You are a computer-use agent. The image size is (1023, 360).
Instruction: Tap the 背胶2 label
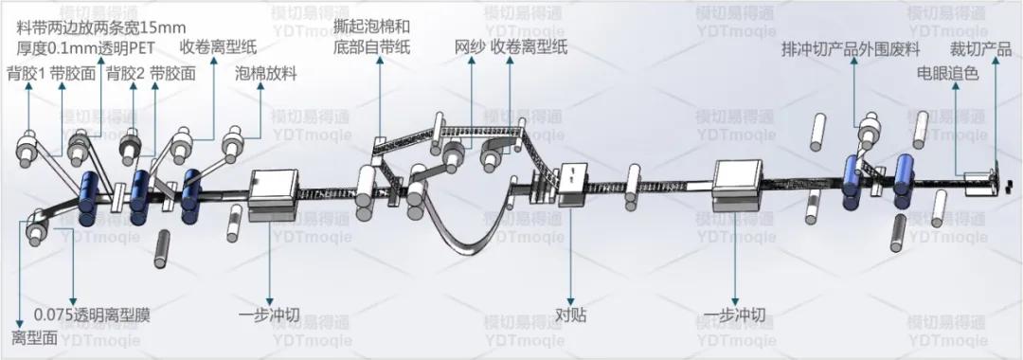click(x=125, y=73)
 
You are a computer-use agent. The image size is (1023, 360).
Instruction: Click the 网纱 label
click(x=470, y=48)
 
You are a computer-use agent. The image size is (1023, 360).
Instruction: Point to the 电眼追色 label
click(x=946, y=73)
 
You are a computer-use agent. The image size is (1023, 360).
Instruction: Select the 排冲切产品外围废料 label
click(x=852, y=48)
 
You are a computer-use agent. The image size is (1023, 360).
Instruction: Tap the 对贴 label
click(x=571, y=314)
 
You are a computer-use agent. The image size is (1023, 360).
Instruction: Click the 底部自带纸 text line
click(x=372, y=48)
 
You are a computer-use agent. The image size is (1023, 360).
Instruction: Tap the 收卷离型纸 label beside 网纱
click(x=529, y=48)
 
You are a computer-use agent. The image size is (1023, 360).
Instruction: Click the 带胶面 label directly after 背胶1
click(x=72, y=73)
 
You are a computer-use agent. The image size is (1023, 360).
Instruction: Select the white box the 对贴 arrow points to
click(x=575, y=184)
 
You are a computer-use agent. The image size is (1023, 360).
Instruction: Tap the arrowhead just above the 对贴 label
click(x=571, y=297)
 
